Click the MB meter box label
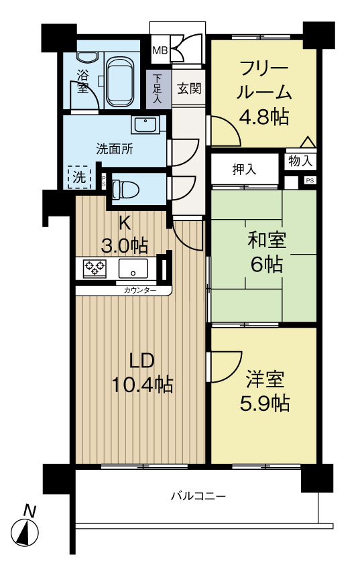pos(160,50)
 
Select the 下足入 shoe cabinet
pos(158,88)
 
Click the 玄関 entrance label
pos(189,88)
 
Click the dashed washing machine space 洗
pos(79,178)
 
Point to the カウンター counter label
pos(140,290)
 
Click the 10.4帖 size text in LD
pos(143,384)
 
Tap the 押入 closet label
pos(244,168)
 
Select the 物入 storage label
pos(300,161)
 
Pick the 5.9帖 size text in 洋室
pos(265,404)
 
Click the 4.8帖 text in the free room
pos(264,116)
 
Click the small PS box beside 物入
pos(309,180)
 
